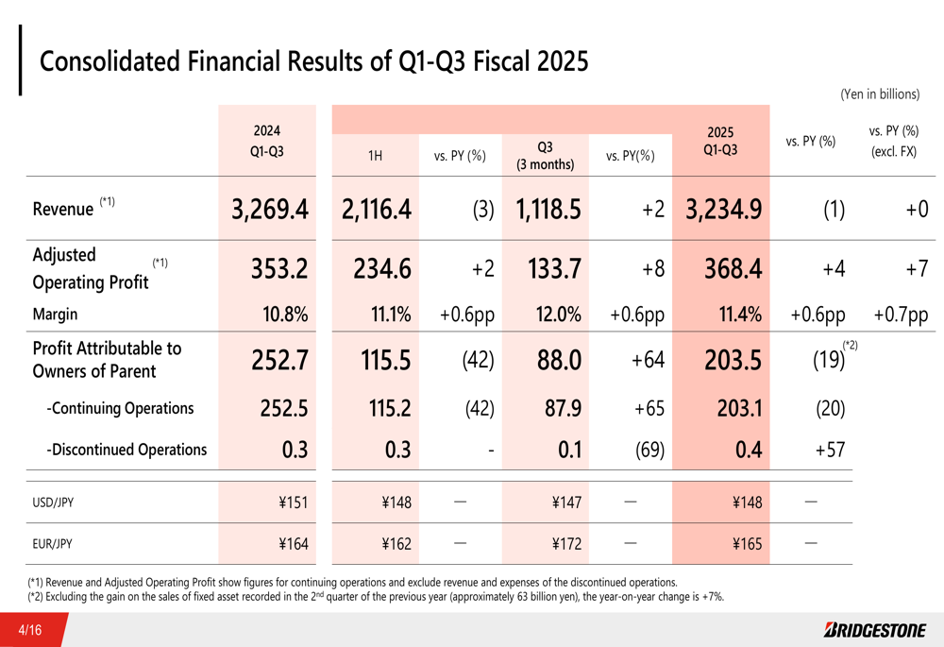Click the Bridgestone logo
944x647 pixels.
pos(874,629)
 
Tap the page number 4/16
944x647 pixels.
pos(33,629)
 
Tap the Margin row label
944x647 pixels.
pos(55,315)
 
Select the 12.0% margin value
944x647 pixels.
pos(557,315)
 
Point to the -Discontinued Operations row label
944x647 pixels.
pos(126,450)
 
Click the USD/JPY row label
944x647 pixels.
pos(53,502)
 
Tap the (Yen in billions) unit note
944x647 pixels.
pos(879,94)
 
